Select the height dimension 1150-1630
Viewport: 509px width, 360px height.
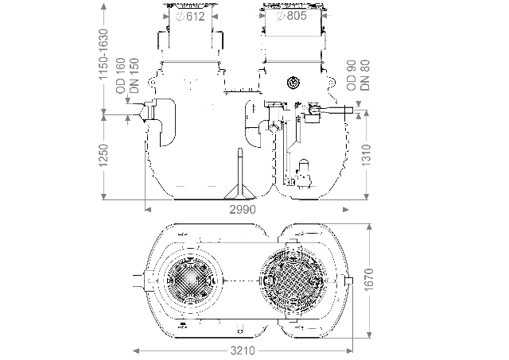pos(103,55)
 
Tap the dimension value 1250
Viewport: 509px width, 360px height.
pos(103,156)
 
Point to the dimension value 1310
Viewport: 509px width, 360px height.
pos(366,155)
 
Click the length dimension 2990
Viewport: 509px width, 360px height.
pos(243,210)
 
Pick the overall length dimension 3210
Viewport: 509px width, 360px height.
pos(243,350)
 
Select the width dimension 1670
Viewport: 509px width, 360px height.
pos(369,281)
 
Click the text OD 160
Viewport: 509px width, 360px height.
pos(121,75)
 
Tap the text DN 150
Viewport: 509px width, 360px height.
pos(134,75)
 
